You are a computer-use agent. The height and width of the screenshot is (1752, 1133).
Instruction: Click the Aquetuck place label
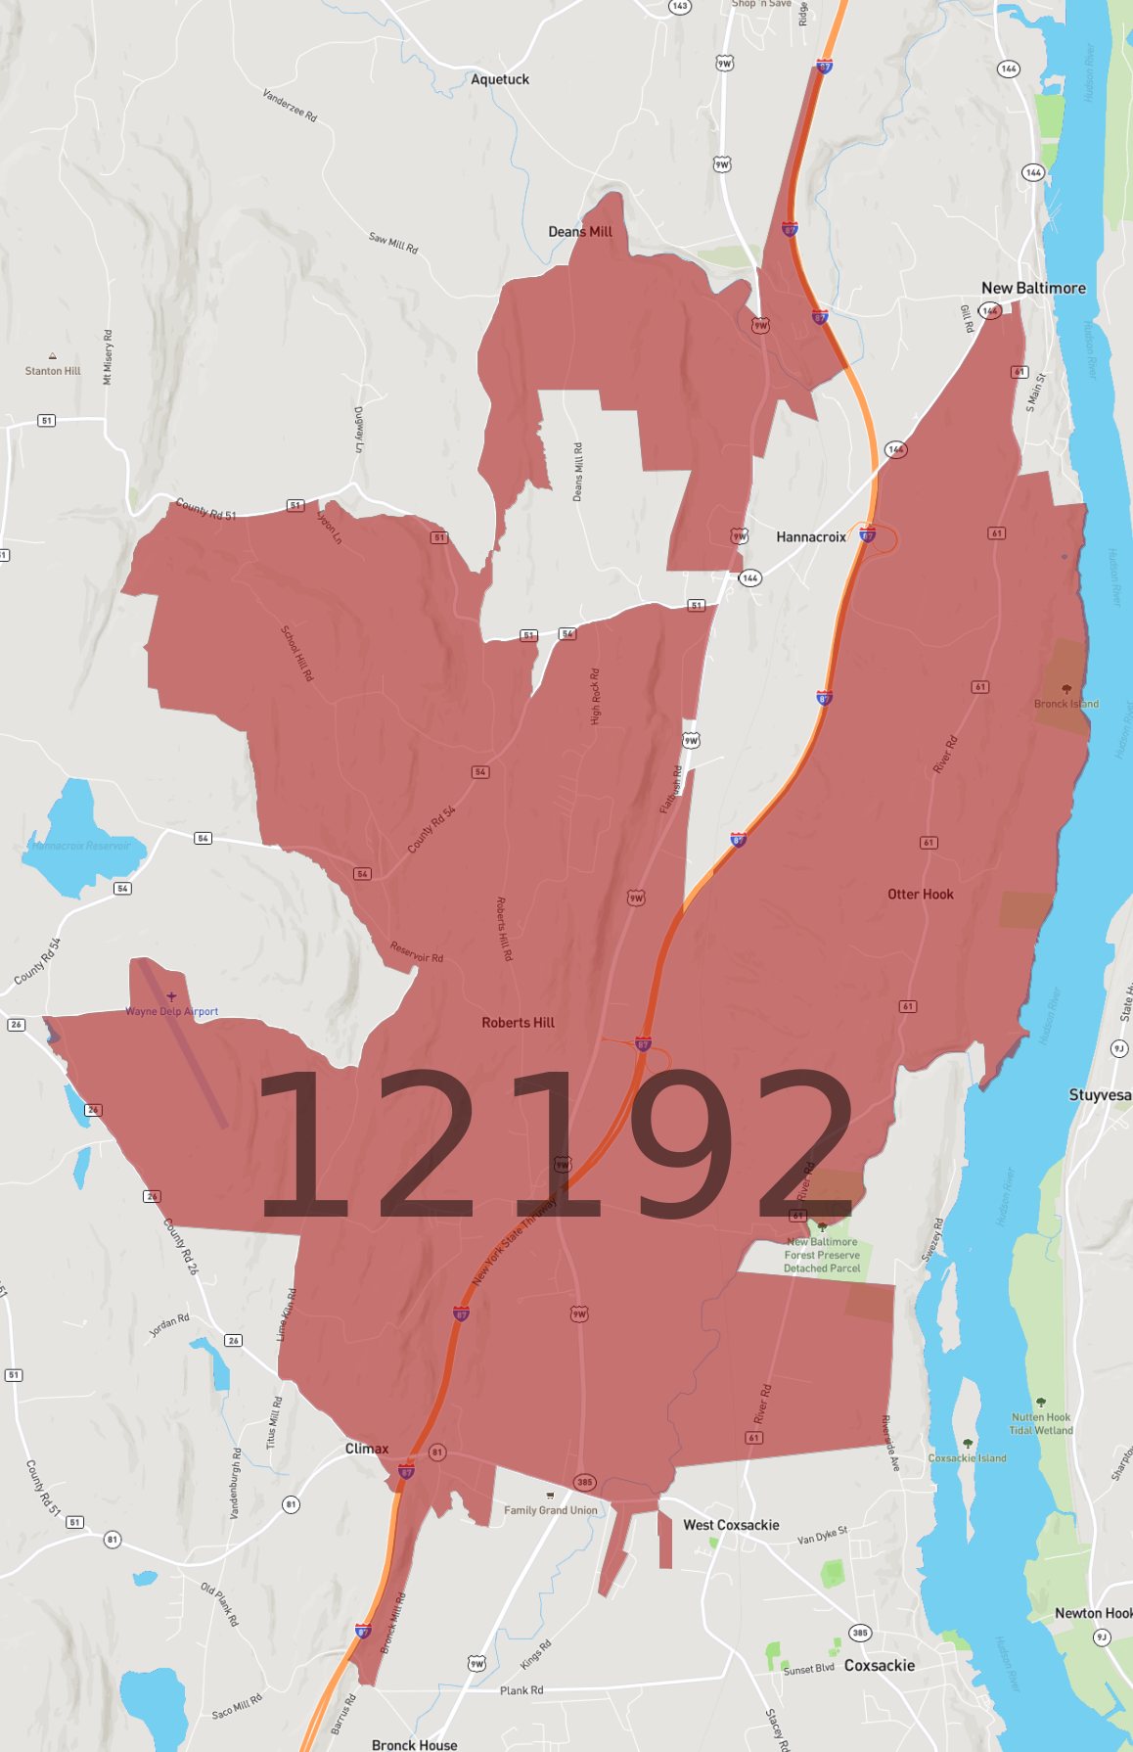pyautogui.click(x=499, y=79)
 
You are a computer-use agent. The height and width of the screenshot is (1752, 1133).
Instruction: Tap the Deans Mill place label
pyautogui.click(x=579, y=232)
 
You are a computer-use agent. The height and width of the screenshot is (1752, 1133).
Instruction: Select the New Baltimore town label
pyautogui.click(x=1033, y=288)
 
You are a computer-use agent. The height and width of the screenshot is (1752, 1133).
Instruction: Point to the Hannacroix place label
pyautogui.click(x=810, y=537)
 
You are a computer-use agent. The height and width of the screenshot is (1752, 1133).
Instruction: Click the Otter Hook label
pyautogui.click(x=920, y=894)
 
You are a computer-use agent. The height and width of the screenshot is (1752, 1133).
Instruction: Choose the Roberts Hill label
pyautogui.click(x=518, y=1022)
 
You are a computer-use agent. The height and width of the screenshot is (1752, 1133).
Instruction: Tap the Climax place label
pyautogui.click(x=367, y=1449)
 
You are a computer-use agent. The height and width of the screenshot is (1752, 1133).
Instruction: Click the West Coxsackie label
pyautogui.click(x=731, y=1525)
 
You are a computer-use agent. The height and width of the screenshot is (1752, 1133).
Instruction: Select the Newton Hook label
pyautogui.click(x=1092, y=1613)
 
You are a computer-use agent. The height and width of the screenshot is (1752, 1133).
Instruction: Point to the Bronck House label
pyautogui.click(x=414, y=1744)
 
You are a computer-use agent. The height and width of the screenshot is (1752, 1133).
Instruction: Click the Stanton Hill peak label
pyautogui.click(x=53, y=371)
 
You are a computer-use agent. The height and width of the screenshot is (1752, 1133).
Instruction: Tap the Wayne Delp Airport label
pyautogui.click(x=171, y=1011)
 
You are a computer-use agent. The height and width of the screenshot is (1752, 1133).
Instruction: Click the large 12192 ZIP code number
pyautogui.click(x=555, y=1145)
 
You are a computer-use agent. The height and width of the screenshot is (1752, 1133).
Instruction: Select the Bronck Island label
pyautogui.click(x=1065, y=704)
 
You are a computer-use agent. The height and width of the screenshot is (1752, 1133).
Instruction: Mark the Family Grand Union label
pyautogui.click(x=550, y=1510)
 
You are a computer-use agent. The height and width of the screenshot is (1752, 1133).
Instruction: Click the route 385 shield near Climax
pyautogui.click(x=584, y=1482)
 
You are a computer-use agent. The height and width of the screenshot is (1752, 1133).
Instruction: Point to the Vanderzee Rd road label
pyautogui.click(x=290, y=105)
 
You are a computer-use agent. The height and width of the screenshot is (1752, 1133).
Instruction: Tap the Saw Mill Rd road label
pyautogui.click(x=393, y=243)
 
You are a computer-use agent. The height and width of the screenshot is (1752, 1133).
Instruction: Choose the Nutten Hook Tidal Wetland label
pyautogui.click(x=1041, y=1423)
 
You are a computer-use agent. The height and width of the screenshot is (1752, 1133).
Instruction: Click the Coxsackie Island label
pyautogui.click(x=967, y=1457)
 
